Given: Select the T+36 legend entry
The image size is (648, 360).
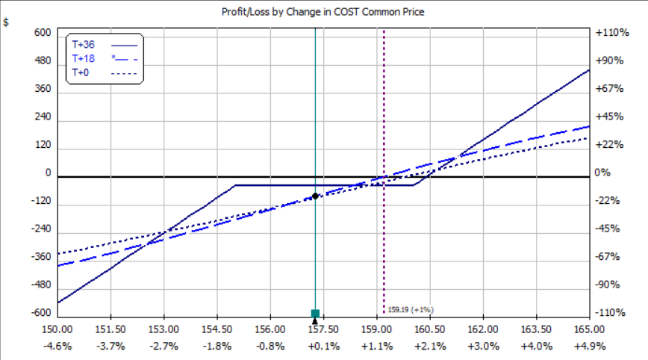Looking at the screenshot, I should (83, 44).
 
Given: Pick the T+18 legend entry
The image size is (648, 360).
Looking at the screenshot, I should (83, 58).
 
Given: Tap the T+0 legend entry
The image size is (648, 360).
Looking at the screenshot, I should (81, 72).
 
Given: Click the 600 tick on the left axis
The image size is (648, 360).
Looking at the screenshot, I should (43, 34).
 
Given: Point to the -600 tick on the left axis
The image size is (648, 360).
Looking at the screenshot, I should (40, 313).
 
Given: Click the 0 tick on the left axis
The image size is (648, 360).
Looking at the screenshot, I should (47, 173).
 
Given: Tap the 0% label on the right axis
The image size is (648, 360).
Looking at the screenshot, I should (603, 173).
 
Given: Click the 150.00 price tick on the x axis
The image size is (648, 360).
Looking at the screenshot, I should (57, 329).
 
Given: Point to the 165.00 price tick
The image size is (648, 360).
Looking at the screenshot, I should (589, 329).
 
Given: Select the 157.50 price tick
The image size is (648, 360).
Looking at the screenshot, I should (323, 329).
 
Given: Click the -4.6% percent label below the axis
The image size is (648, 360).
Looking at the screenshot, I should (57, 346).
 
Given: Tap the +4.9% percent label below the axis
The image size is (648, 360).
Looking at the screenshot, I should (589, 346).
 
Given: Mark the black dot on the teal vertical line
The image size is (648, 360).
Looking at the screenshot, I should (315, 196).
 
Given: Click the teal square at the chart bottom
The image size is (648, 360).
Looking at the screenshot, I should (315, 313).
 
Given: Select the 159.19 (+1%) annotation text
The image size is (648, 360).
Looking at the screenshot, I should (411, 309).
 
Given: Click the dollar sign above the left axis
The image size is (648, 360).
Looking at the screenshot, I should (7, 22).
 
